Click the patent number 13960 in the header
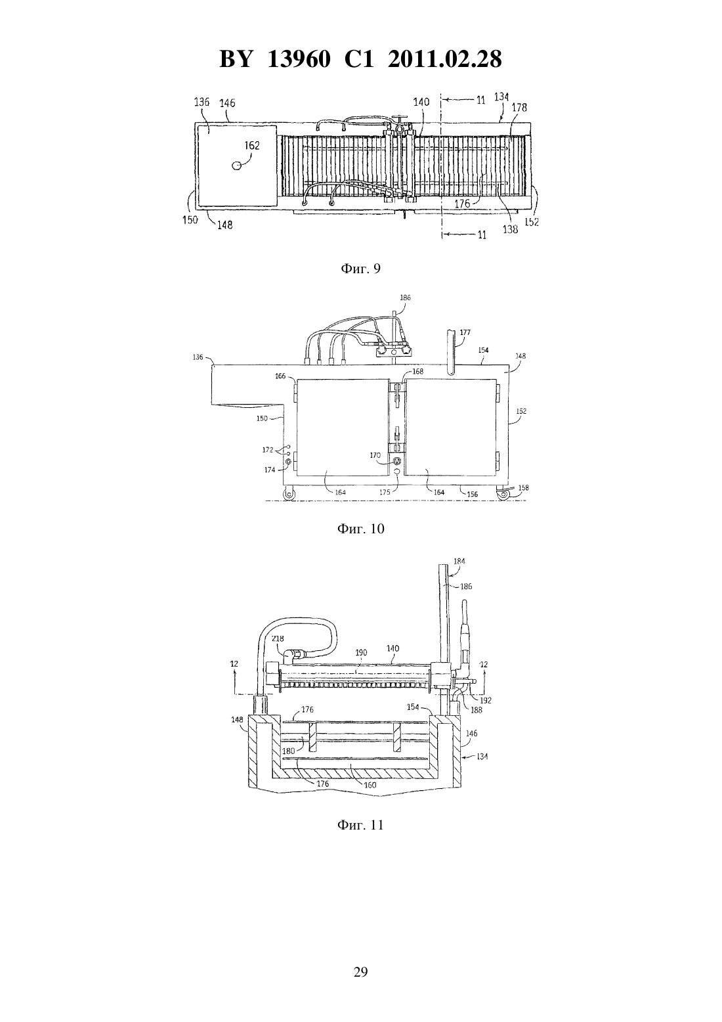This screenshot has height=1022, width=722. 299,59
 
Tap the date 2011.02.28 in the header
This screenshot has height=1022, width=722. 444,59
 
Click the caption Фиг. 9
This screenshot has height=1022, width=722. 360,269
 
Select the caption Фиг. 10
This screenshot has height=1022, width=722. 360,529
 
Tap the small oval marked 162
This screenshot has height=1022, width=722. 237,165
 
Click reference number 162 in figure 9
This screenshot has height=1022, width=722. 252,145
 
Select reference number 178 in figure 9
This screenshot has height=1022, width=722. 519,107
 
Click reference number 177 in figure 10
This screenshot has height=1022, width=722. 465,332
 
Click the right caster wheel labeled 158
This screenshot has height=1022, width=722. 503,495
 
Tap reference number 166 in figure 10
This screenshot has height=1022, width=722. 280,376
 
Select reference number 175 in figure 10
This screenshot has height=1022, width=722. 385,492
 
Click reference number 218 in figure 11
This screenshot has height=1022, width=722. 278,638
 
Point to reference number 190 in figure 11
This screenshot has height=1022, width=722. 361,653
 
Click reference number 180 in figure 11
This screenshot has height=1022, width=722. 288,751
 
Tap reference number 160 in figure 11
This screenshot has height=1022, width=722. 370,785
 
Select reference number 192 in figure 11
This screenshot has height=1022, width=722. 486,700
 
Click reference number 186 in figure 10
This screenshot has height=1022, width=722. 405,298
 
